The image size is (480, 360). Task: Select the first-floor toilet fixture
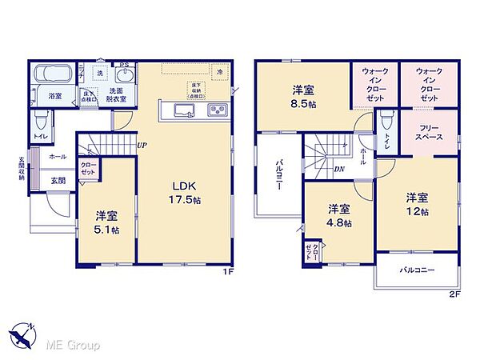[x=39, y=124]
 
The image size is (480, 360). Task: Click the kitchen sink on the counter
[x=182, y=110]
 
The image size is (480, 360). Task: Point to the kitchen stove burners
[x=218, y=110]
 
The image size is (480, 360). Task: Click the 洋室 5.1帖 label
[x=107, y=222]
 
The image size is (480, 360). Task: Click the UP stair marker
[x=141, y=146]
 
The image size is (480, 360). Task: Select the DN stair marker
[x=339, y=169]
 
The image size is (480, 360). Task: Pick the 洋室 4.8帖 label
[x=337, y=214]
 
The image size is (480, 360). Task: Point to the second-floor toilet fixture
[x=385, y=121]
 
